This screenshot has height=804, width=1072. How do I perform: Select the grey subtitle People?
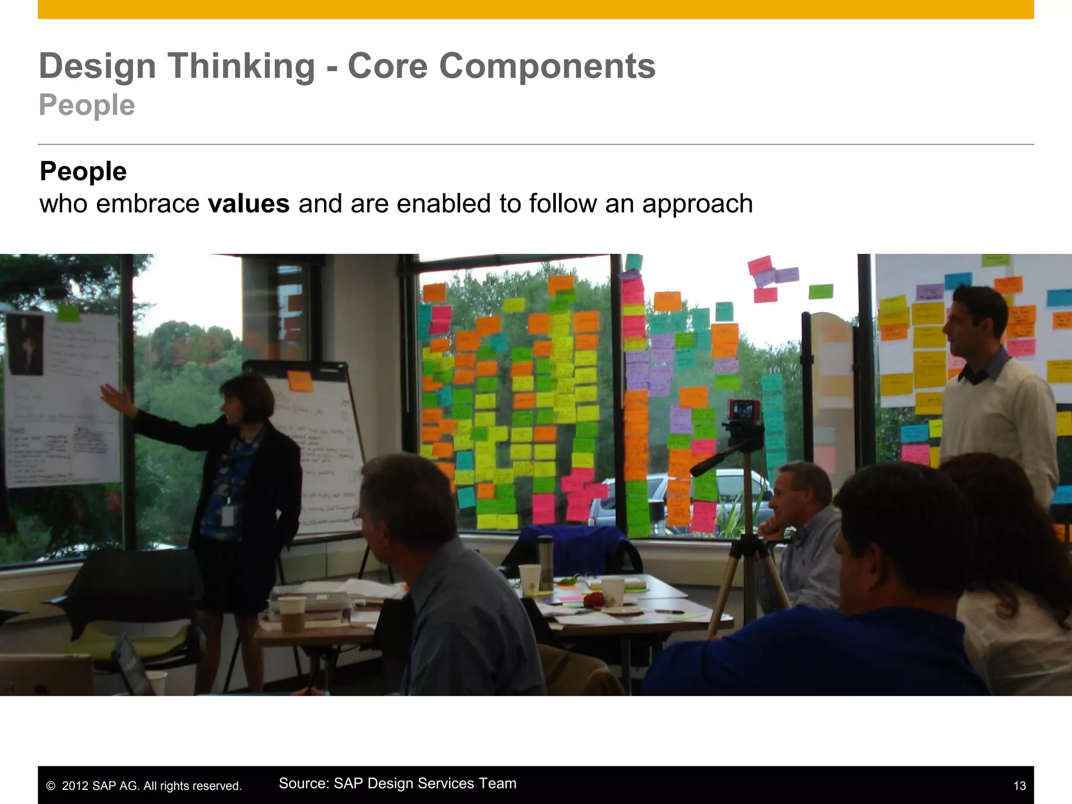point(87,105)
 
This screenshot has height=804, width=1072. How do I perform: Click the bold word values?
point(249,204)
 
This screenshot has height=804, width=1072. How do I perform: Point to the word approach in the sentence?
point(697,204)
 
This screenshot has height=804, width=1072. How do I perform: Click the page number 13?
point(1019,786)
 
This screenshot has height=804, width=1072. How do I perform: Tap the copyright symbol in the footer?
point(51,786)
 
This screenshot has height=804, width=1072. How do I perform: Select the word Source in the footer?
point(304,784)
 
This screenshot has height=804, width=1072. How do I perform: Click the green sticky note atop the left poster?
point(68,313)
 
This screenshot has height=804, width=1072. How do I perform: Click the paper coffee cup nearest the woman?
point(292,613)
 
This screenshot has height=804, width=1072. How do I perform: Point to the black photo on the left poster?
point(25,343)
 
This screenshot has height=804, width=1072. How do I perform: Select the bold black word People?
point(83,172)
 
